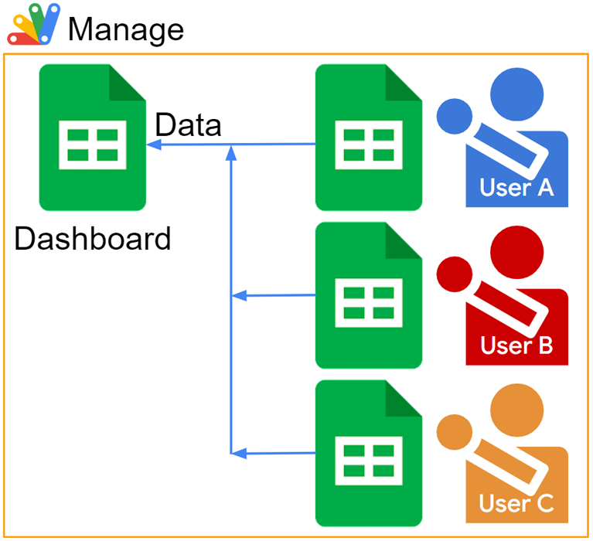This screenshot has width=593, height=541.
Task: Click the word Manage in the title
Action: click(126, 29)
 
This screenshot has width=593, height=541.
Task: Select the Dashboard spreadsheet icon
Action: click(92, 139)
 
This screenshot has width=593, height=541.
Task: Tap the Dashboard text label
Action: click(93, 239)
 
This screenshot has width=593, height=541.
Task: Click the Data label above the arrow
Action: click(188, 125)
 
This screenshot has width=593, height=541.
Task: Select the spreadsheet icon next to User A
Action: click(368, 139)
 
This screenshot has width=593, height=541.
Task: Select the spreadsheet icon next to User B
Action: click(368, 296)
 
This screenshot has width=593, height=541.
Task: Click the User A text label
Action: click(516, 188)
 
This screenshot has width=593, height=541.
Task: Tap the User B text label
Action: click(516, 345)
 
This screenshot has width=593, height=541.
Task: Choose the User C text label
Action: click(516, 504)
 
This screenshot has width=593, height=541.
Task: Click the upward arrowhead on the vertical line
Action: click(230, 154)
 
